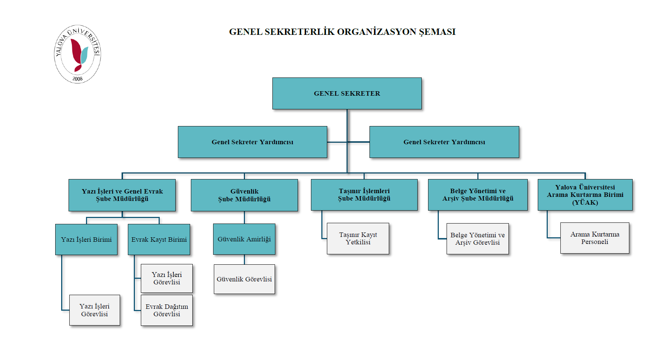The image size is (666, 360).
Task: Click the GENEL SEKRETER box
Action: (x=347, y=93)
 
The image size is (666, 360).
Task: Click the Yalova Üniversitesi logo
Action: (x=77, y=54)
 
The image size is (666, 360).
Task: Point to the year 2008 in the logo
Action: (x=77, y=79)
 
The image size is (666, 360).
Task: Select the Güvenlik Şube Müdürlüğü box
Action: (x=244, y=195)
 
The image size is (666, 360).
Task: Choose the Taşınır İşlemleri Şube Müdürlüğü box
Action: (x=364, y=195)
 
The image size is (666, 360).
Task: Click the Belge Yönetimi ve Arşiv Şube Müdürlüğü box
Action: (x=478, y=195)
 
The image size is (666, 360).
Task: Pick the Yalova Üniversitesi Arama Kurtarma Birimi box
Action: (x=585, y=195)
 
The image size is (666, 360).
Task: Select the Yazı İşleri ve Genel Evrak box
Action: (x=122, y=195)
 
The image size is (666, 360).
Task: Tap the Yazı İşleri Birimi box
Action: (x=86, y=240)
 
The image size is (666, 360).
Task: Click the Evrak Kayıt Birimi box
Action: (x=159, y=240)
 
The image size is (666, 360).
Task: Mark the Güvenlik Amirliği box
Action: (x=244, y=239)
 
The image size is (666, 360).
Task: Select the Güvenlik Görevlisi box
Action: (x=244, y=279)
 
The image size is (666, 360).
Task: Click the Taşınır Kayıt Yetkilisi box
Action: (x=358, y=238)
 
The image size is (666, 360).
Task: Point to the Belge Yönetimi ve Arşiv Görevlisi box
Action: (x=477, y=239)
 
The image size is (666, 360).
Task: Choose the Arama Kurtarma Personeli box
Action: (x=594, y=238)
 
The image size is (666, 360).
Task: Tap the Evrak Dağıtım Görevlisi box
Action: (x=167, y=310)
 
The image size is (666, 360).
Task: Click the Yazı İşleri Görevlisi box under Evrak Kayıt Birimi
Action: (x=167, y=278)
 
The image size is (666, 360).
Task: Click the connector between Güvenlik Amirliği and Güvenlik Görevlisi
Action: (x=244, y=260)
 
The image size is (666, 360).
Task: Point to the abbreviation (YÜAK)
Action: (x=585, y=202)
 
